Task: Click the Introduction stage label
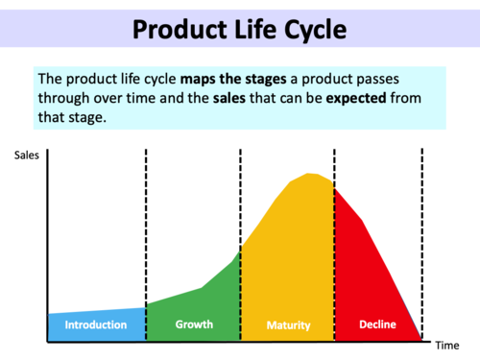point(95,324)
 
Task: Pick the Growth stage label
point(194,324)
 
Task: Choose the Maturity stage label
point(288,325)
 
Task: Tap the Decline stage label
point(377,324)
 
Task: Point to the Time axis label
point(448,345)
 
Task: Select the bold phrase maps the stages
point(229,78)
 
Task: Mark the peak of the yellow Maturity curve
point(309,175)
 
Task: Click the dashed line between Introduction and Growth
point(146,230)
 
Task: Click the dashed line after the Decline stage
point(422,240)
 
